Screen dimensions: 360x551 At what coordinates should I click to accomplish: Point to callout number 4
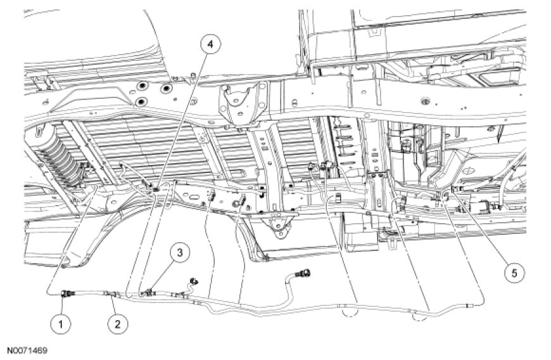tap(210, 45)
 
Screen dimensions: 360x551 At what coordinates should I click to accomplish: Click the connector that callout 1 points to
tap(66, 293)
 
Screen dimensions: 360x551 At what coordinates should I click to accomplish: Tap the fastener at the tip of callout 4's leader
tap(155, 186)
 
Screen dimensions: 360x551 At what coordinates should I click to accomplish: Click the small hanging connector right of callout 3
tap(193, 280)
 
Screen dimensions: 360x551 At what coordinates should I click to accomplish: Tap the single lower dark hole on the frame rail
tap(140, 101)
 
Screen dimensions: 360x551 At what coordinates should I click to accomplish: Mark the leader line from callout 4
tap(183, 114)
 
